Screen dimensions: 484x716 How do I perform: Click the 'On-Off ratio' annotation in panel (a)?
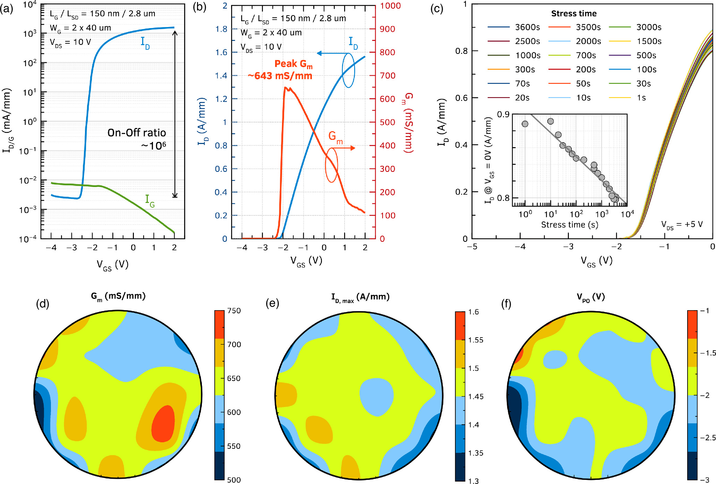(137, 133)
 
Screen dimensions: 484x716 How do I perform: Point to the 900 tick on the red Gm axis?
(387, 29)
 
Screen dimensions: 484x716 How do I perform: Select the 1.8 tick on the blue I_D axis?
(221, 29)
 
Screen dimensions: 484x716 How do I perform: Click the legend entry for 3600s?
(527, 27)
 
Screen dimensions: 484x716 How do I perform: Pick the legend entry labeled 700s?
(586, 56)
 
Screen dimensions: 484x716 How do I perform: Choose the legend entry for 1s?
(641, 98)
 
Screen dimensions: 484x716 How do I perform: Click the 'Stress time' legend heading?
(574, 14)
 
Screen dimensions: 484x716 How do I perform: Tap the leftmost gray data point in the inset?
(525, 124)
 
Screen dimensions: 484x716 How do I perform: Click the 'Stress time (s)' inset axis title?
(570, 225)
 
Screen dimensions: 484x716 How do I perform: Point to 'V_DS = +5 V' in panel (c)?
(682, 224)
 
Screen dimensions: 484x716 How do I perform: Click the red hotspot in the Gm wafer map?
(163, 424)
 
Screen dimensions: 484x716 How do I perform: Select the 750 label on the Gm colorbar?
(234, 311)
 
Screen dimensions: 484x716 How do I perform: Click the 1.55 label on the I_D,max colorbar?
(475, 340)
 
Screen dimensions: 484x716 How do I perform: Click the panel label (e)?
(272, 304)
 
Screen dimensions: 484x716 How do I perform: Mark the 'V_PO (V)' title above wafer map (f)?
(590, 297)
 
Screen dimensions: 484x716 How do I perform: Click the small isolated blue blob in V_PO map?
(555, 359)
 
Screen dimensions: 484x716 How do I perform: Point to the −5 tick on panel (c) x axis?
(472, 246)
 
